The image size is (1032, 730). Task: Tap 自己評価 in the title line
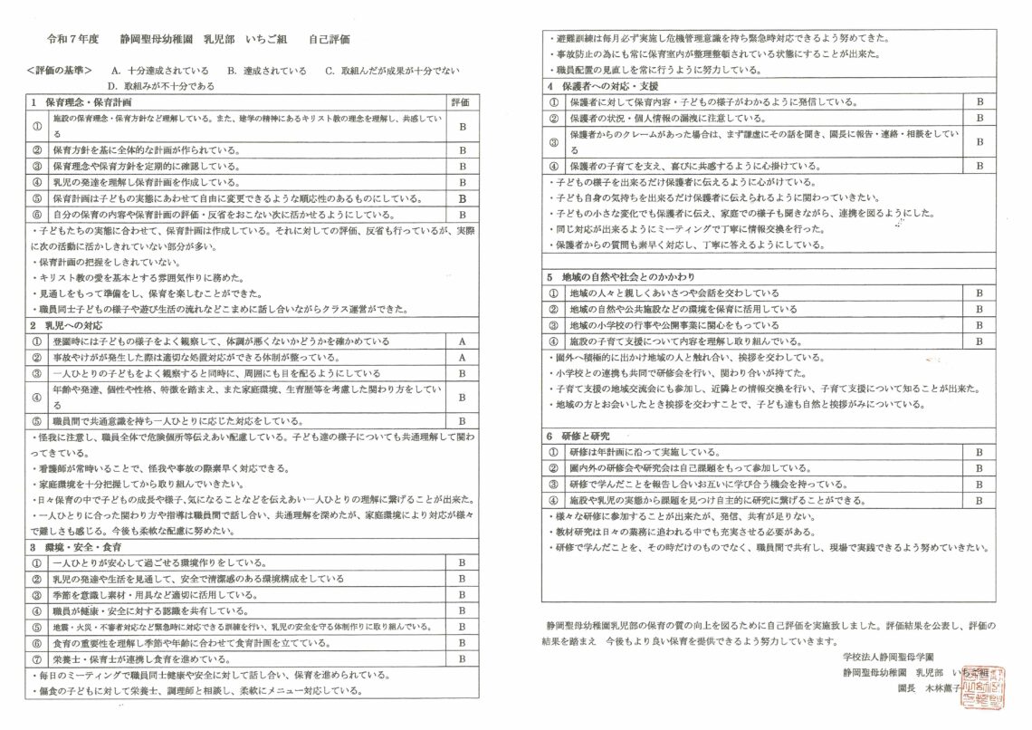(329, 41)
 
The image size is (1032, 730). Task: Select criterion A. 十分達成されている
(158, 70)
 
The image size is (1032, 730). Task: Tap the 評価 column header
(462, 102)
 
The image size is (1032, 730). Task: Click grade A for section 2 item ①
(462, 341)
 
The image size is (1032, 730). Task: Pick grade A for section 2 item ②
(462, 357)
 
